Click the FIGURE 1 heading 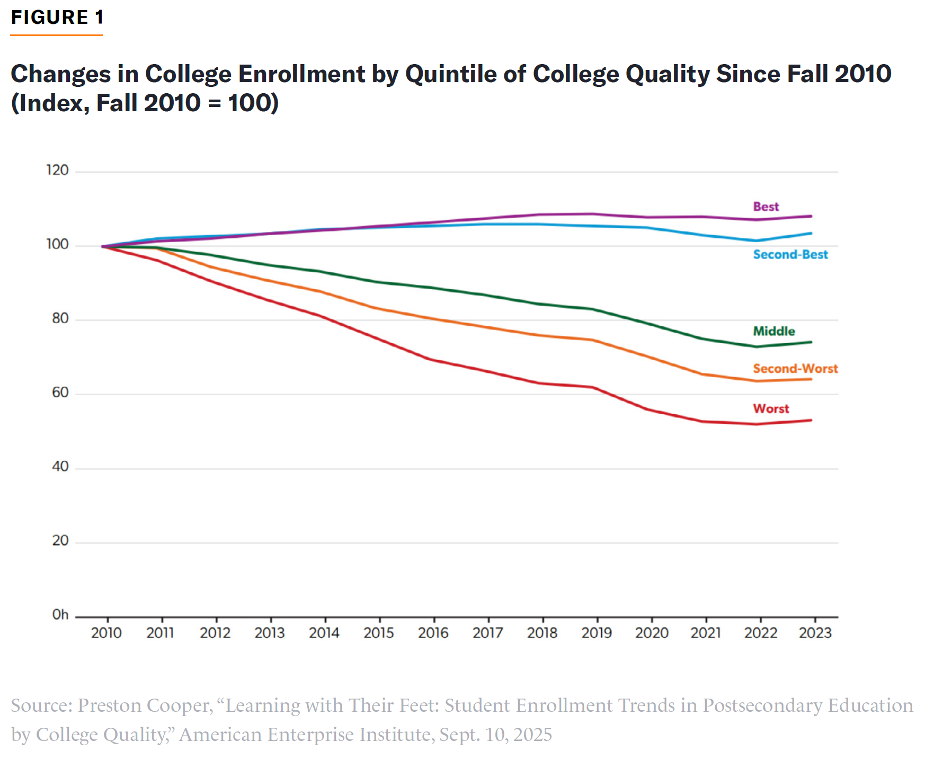[x=57, y=17]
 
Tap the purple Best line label [x=766, y=207]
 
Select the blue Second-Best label [x=790, y=255]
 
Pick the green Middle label [x=773, y=331]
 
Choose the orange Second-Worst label [x=795, y=369]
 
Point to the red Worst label [x=770, y=409]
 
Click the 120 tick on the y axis [x=57, y=170]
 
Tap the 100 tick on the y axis [x=57, y=244]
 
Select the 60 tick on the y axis [x=60, y=392]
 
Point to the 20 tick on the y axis [x=60, y=541]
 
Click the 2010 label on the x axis [x=106, y=633]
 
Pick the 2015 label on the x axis [x=379, y=633]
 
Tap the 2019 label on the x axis [x=597, y=633]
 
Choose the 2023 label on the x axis [x=815, y=633]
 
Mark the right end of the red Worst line [x=811, y=421]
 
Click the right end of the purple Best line [x=811, y=216]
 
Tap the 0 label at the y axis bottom [x=60, y=615]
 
